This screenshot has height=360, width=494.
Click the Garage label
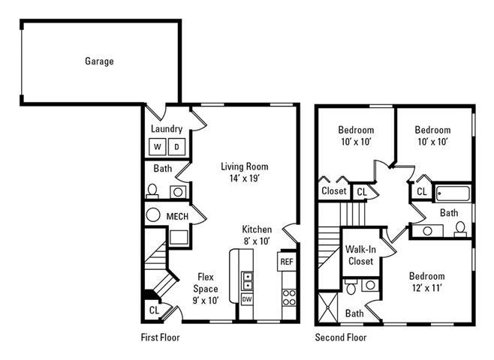click(99, 61)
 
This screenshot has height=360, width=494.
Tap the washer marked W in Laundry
click(159, 147)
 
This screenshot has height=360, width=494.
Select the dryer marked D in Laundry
click(178, 147)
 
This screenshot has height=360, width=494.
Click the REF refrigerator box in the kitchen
click(286, 262)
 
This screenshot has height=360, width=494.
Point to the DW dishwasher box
click(247, 298)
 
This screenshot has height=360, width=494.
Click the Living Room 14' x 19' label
click(244, 172)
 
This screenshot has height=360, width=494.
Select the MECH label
click(177, 217)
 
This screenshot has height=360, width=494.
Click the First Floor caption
click(161, 337)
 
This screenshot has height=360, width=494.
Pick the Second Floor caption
click(340, 337)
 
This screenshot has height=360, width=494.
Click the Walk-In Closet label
click(360, 255)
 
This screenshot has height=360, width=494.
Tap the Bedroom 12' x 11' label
click(426, 282)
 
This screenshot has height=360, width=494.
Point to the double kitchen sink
click(247, 280)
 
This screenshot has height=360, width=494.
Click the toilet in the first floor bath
click(152, 191)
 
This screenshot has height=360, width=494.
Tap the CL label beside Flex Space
click(154, 310)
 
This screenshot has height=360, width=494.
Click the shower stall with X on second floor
click(329, 307)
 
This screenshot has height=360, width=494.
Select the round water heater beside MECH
click(154, 216)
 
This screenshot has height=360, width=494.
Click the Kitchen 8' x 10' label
click(257, 235)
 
